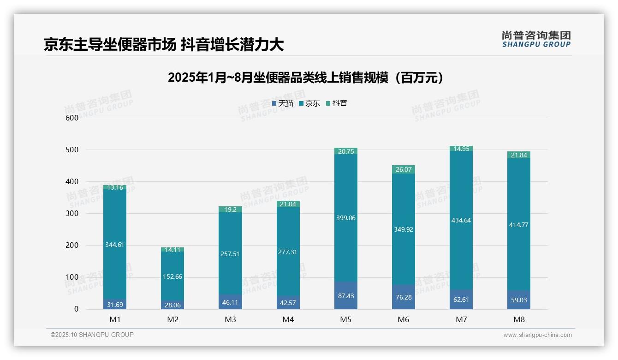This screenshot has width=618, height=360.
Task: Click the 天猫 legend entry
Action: pyautogui.click(x=283, y=103)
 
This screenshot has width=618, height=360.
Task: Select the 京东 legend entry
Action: pyautogui.click(x=309, y=103)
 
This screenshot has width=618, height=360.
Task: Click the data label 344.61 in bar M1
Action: pyautogui.click(x=115, y=245)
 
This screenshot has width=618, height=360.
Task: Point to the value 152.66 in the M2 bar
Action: pyautogui.click(x=172, y=277)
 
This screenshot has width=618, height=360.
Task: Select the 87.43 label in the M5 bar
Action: pyautogui.click(x=346, y=296)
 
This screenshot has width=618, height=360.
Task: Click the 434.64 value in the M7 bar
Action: pyautogui.click(x=461, y=220)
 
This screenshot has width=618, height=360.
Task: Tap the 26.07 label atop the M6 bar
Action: pyautogui.click(x=404, y=169)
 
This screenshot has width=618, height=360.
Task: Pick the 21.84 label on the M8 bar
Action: pyautogui.click(x=519, y=155)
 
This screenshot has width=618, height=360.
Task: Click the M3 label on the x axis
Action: pyautogui.click(x=230, y=319)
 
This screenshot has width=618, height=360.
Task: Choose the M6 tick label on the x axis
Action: pyautogui.click(x=404, y=319)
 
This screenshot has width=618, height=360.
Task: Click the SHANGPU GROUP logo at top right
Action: pyautogui.click(x=536, y=39)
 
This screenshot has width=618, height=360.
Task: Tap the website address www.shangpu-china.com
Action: pyautogui.click(x=537, y=335)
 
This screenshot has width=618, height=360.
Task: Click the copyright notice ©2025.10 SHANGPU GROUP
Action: pyautogui.click(x=92, y=335)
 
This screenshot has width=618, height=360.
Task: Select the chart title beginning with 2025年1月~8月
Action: pyautogui.click(x=306, y=78)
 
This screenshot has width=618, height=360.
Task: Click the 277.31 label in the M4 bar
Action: pyautogui.click(x=288, y=252)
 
